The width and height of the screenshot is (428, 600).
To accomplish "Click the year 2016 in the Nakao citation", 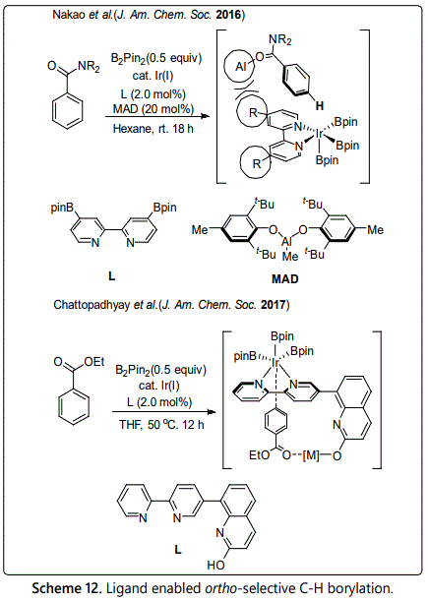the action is (x=228, y=15).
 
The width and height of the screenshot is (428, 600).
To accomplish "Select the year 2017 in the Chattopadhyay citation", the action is (x=274, y=305).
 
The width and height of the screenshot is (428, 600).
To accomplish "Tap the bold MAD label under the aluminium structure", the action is (x=284, y=278).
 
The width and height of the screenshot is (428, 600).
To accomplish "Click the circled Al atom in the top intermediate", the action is (x=240, y=67).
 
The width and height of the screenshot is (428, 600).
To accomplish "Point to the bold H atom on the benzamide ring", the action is (x=319, y=105).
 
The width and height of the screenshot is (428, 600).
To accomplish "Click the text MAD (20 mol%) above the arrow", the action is (x=153, y=109).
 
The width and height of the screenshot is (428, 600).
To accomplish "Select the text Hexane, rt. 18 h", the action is (x=153, y=129).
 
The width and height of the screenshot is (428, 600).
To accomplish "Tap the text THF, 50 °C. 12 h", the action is (x=161, y=424).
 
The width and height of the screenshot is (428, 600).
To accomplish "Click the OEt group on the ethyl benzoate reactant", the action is (x=93, y=362).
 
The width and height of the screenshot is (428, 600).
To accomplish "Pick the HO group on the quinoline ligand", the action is (x=215, y=566).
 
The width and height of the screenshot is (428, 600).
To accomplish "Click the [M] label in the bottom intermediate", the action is (x=311, y=455).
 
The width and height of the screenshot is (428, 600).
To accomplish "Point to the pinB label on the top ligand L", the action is (x=62, y=209).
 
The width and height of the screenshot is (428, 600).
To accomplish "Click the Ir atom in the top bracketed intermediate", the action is (x=320, y=133).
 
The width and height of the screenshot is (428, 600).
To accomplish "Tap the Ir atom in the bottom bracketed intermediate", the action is (x=275, y=362).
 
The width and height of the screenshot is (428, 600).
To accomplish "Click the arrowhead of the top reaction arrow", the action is (x=206, y=116).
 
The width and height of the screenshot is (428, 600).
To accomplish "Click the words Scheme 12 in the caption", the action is (x=66, y=588).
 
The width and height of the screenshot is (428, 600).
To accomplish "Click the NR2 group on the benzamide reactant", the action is (x=89, y=67).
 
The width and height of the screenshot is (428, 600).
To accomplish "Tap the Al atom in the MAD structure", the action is (x=286, y=242).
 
